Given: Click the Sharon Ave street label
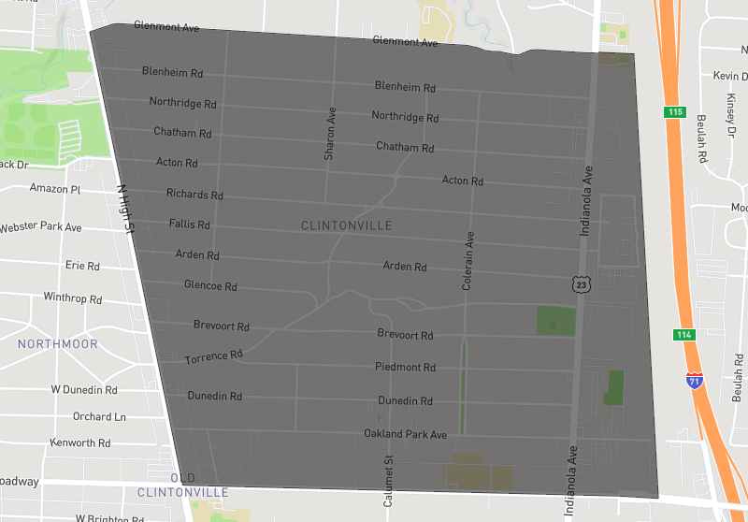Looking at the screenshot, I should tap(330, 133).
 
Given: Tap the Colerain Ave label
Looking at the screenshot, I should tap(469, 261).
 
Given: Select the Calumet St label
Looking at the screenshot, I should tap(389, 480).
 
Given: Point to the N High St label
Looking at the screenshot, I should tap(126, 208).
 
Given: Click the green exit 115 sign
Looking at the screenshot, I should tap(675, 112).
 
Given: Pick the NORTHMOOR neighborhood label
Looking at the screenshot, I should tap(58, 344).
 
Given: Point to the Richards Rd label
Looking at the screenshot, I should tap(194, 195).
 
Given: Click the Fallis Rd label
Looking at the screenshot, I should tap(190, 225).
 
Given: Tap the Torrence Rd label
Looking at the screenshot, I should tap(214, 356).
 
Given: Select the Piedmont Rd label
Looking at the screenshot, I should tap(405, 368).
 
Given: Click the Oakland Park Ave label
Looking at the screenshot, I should tap(406, 434).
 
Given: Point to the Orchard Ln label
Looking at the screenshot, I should tap(99, 416).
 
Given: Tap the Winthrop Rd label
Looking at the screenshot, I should tap(72, 298).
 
